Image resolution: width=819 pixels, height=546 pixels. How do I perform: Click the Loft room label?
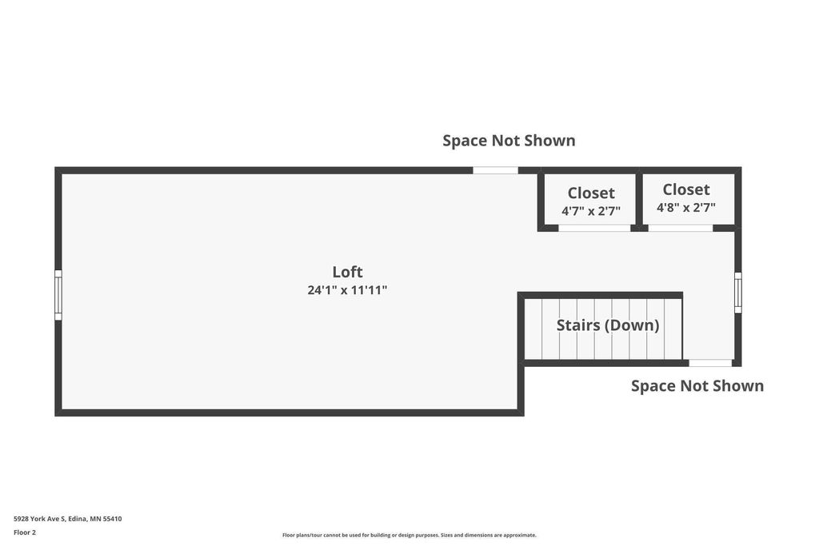347,272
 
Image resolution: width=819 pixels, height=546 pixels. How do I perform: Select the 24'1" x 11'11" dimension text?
347,290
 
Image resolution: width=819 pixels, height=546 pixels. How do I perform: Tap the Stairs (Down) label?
608,325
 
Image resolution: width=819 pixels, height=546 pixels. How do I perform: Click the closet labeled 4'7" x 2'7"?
591,201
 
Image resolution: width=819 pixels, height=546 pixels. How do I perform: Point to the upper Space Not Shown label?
509,141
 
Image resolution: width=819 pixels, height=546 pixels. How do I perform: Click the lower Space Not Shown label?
697,386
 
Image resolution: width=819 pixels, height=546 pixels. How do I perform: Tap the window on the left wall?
58,295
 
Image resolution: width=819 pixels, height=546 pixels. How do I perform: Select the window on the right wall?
738,293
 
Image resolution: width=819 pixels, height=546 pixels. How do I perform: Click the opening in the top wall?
495,170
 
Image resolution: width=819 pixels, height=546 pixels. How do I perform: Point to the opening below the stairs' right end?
710,363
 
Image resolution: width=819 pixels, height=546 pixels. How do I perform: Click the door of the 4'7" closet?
594,228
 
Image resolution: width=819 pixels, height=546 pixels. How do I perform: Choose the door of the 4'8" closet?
681,228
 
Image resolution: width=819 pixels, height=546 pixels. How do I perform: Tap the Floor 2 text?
25,532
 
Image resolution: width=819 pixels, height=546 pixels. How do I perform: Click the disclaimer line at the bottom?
409,535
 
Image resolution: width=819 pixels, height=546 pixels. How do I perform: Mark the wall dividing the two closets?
639,199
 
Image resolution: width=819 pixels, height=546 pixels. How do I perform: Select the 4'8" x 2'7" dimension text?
685,208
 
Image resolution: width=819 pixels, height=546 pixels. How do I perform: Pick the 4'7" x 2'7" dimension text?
591,211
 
